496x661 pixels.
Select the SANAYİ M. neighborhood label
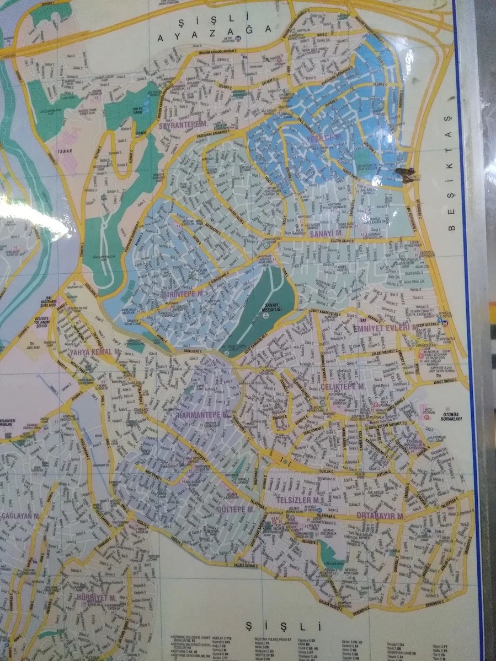coord(327,234)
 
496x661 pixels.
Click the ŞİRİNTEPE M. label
coord(185,294)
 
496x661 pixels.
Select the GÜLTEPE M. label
coord(234,510)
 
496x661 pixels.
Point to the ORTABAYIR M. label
coord(380,517)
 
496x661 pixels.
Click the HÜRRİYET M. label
coord(95,597)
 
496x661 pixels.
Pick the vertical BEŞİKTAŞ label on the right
coord(449,196)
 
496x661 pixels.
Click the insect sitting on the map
coord(406,175)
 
